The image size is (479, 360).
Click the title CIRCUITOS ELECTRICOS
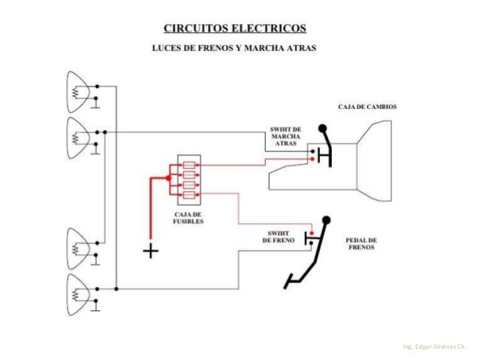[x=235, y=29]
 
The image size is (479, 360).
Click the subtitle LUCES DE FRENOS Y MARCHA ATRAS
[x=235, y=47]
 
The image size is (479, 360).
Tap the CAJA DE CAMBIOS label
[x=367, y=107]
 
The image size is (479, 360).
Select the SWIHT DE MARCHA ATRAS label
[x=285, y=135]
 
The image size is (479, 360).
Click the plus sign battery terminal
[x=151, y=251]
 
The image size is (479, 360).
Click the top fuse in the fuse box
[x=189, y=165]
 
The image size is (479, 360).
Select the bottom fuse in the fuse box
[x=189, y=195]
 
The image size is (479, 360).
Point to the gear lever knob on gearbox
[x=322, y=129]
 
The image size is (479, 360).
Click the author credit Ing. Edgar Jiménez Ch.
[x=434, y=346]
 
